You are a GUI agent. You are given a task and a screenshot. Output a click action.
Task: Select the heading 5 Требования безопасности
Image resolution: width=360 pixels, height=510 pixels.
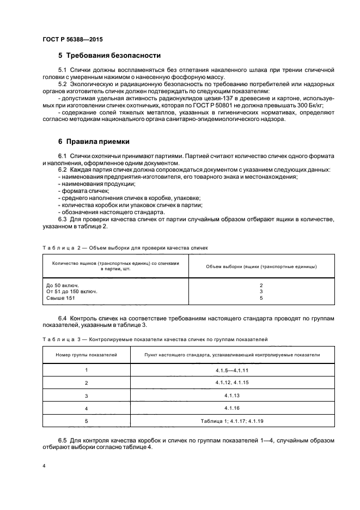109,56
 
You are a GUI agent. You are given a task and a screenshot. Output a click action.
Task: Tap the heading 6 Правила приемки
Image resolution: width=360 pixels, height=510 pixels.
94,142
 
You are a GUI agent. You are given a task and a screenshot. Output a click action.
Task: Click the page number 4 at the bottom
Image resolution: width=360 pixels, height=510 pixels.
44,466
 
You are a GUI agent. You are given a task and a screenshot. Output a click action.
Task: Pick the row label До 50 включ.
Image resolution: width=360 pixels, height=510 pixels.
63,286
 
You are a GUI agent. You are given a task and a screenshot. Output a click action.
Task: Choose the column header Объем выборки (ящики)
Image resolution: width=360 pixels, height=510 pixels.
261,266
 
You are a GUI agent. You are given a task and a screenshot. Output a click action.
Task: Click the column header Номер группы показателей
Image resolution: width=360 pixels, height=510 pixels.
87,355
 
